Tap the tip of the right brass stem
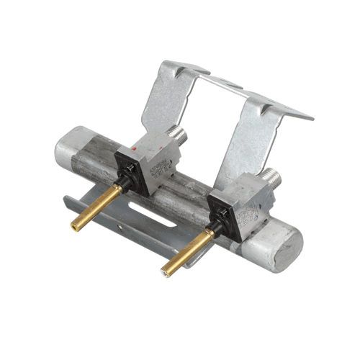[166, 272]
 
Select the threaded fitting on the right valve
[269, 175]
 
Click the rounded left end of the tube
[69, 147]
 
